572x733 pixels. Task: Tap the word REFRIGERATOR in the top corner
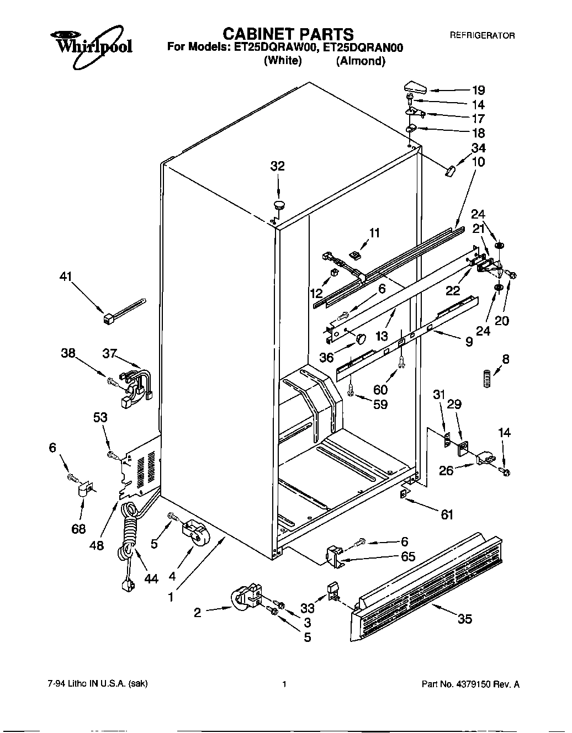click(x=482, y=35)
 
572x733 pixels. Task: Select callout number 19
click(x=478, y=91)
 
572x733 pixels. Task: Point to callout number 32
click(x=277, y=166)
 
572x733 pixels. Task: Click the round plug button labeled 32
click(x=279, y=205)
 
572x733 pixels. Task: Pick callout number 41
click(x=66, y=278)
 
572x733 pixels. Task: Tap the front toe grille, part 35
click(x=425, y=585)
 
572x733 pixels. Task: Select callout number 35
click(x=465, y=619)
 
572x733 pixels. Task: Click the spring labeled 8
click(x=485, y=380)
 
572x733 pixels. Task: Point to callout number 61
click(x=447, y=514)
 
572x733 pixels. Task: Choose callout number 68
click(x=78, y=529)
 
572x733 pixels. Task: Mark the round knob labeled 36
click(x=362, y=338)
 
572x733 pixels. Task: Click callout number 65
click(x=408, y=556)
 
